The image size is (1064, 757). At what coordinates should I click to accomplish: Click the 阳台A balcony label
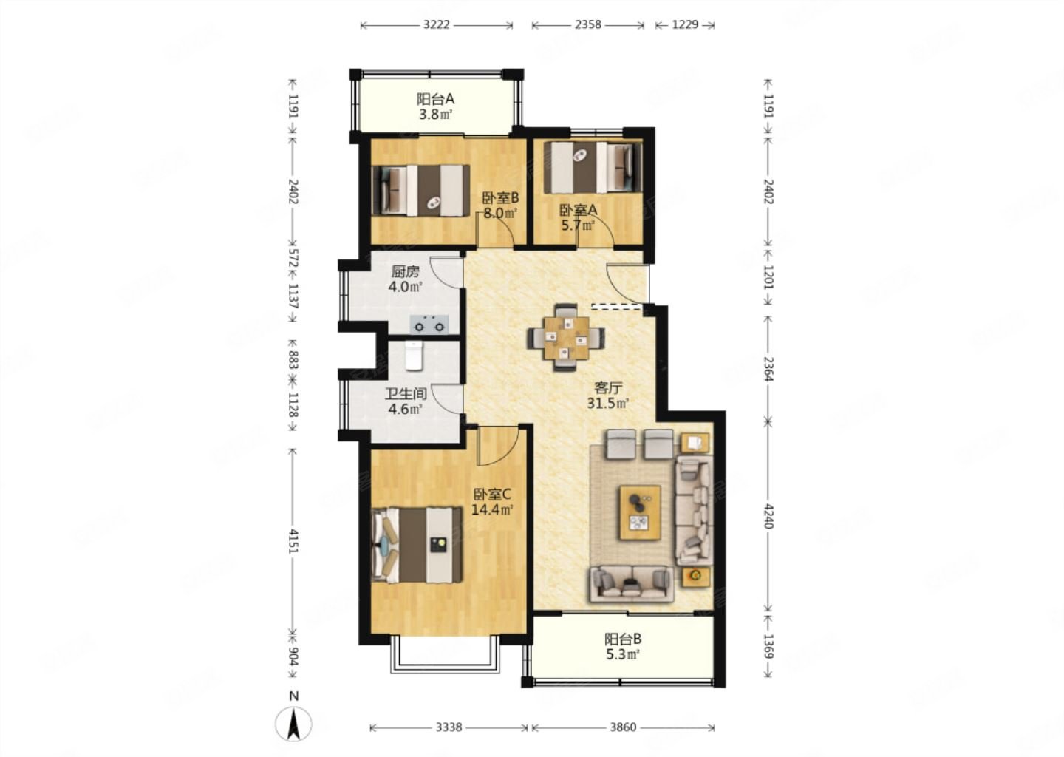click(x=436, y=99)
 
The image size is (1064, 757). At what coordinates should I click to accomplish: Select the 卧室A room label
click(x=578, y=209)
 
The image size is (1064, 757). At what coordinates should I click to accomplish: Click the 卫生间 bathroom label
click(x=406, y=393)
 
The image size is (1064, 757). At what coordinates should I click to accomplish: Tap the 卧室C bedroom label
click(x=492, y=495)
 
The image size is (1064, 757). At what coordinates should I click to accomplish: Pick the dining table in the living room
click(x=566, y=337)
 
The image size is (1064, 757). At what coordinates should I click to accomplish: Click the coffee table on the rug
click(x=640, y=512)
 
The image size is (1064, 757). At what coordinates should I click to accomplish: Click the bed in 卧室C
click(x=417, y=545)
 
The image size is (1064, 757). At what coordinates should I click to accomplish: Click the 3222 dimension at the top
click(x=437, y=24)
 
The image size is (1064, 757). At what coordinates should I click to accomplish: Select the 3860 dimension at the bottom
click(x=623, y=727)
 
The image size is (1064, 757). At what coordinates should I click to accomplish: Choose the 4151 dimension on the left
click(x=293, y=540)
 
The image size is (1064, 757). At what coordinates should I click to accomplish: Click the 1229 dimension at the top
click(x=685, y=24)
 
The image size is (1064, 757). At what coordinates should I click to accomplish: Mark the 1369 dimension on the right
click(x=768, y=646)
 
